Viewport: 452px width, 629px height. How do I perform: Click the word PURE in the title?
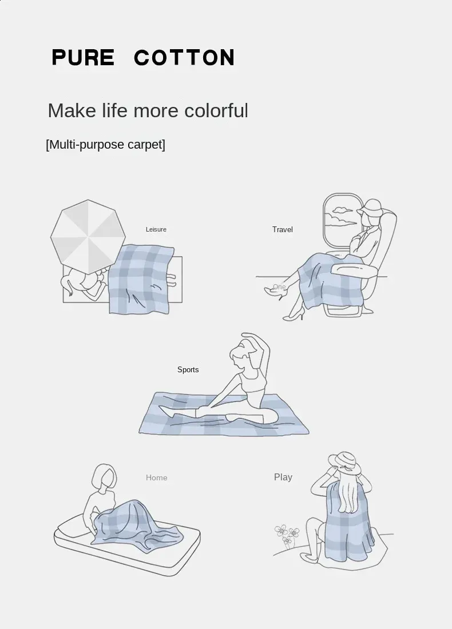[x=83, y=57]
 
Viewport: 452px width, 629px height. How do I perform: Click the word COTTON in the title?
[x=184, y=57]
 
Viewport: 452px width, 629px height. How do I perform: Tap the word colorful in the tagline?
[x=216, y=110]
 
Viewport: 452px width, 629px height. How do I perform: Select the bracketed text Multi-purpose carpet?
[x=106, y=145]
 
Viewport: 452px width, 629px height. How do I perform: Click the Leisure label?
[x=156, y=229]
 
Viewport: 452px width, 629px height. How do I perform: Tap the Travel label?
[x=283, y=229]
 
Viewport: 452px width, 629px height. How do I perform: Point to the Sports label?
[x=188, y=369]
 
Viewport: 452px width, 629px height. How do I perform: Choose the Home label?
[x=157, y=477]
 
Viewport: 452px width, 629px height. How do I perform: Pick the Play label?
[x=283, y=477]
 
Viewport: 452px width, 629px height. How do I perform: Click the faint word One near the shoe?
[x=279, y=287]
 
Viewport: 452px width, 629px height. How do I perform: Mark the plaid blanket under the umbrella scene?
[x=142, y=279]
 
